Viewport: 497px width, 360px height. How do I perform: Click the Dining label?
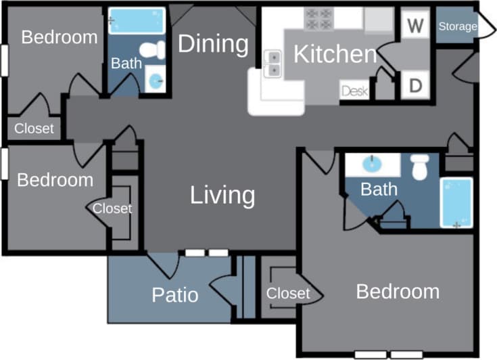click(x=213, y=44)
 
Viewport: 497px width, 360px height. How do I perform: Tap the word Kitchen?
click(x=335, y=55)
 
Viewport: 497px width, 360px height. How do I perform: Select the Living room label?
click(x=222, y=195)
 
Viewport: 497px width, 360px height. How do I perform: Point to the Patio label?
click(x=174, y=295)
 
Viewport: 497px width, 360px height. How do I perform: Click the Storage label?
click(x=457, y=27)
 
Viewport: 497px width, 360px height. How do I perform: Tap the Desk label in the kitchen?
click(x=354, y=91)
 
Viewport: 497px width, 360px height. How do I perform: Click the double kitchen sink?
click(x=274, y=64)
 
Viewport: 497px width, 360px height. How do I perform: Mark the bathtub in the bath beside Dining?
click(x=137, y=21)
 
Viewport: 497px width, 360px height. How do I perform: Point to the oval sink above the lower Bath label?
click(x=370, y=164)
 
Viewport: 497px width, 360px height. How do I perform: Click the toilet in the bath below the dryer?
click(x=421, y=167)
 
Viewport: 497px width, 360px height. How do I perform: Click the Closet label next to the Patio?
click(x=287, y=294)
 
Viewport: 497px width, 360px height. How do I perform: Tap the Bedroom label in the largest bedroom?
click(x=398, y=292)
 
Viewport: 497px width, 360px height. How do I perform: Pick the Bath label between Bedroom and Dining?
click(x=126, y=64)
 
